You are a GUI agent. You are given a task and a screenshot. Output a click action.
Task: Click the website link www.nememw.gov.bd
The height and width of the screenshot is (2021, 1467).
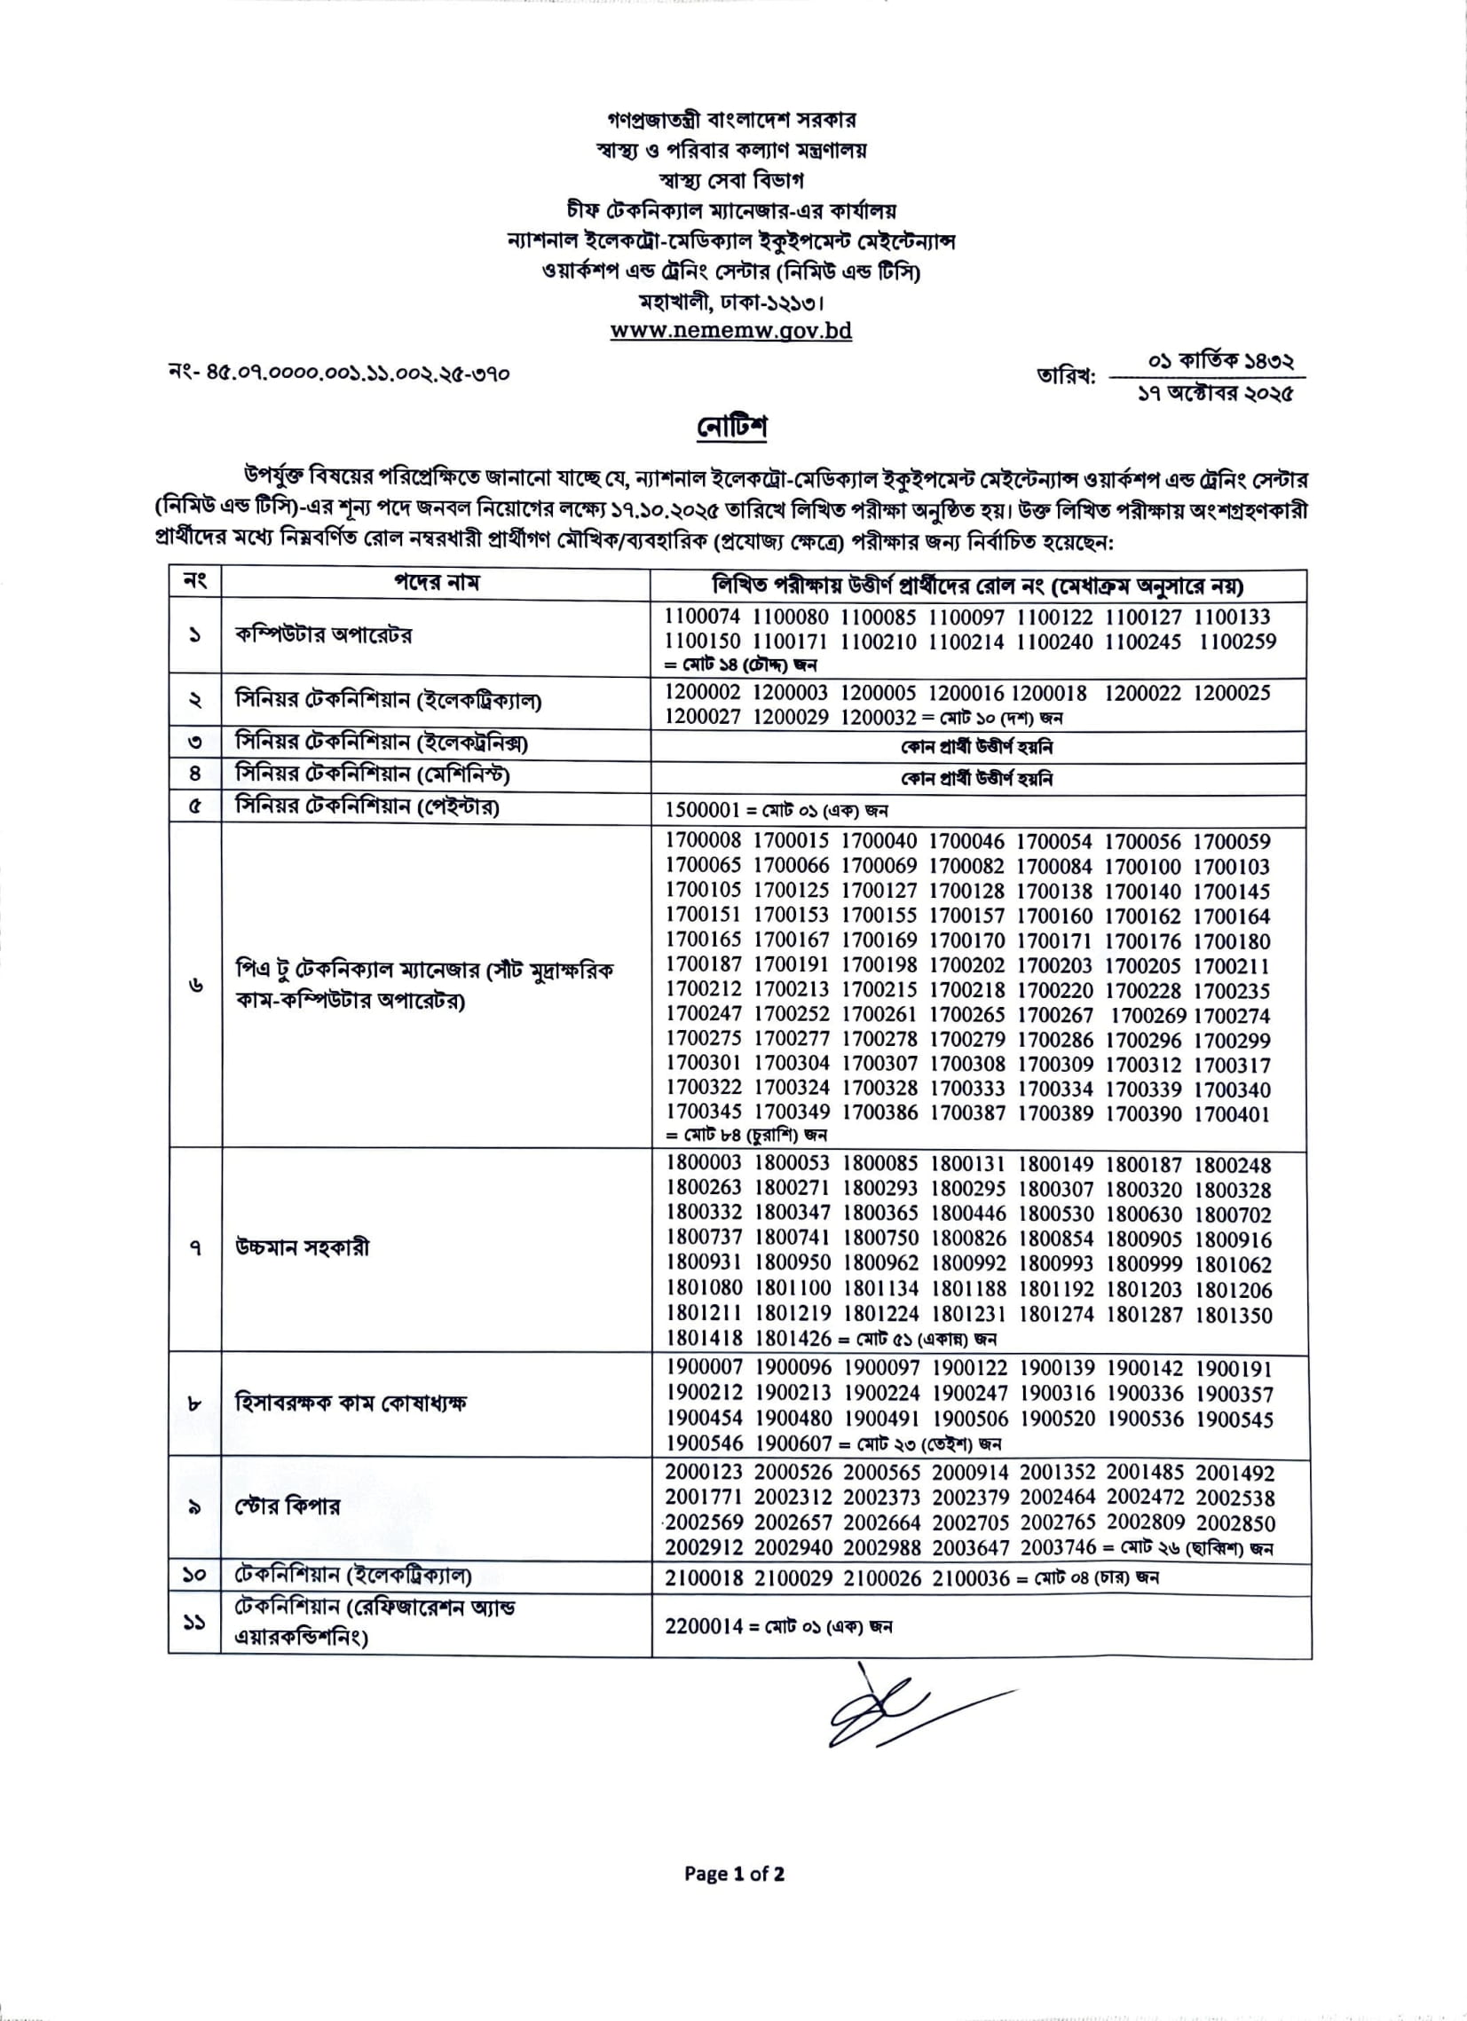coord(730,331)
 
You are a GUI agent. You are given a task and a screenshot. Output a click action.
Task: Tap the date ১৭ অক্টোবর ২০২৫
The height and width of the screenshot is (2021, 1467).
coord(1215,392)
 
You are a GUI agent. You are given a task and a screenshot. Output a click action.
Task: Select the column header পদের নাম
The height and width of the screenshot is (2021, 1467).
coord(437,583)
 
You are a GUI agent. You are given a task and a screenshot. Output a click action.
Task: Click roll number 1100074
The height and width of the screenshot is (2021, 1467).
coord(702,617)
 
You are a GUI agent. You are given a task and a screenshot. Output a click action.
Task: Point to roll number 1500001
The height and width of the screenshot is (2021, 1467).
coord(702,810)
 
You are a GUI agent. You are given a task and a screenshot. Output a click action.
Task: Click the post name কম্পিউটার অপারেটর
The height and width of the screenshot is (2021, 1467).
coord(324,635)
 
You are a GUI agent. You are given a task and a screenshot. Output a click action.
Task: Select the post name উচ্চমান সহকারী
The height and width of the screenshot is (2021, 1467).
coord(302,1247)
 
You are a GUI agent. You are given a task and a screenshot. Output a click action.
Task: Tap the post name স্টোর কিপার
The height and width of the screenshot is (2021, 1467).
coord(288,1506)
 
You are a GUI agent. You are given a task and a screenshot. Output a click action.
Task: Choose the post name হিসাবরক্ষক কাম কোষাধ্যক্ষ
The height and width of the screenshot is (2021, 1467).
coord(351,1404)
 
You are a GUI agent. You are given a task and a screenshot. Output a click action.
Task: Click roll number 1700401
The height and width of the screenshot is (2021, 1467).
coord(1232,1114)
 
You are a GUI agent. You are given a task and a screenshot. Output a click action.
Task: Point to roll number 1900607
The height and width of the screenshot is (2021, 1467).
coord(793,1443)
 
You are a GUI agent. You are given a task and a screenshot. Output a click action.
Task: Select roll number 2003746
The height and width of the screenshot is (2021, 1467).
coord(1058,1549)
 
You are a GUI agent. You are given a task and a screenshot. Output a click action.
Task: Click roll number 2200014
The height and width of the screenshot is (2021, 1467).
coord(703,1626)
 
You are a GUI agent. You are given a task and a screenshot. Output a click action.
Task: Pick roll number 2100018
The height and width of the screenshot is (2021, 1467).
coord(703,1578)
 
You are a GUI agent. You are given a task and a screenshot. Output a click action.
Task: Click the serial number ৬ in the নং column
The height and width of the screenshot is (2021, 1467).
coord(195,986)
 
